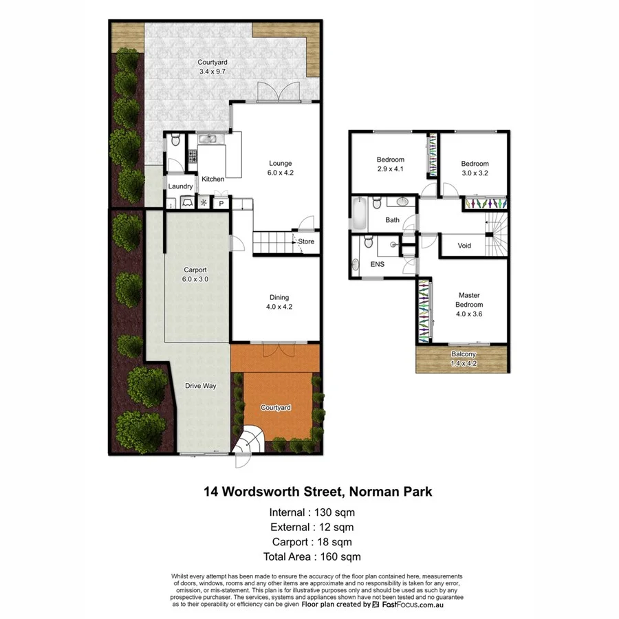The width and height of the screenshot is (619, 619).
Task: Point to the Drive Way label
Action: [201, 386]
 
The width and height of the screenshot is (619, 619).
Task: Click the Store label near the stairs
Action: [306, 241]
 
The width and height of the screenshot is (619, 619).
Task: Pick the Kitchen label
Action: [213, 180]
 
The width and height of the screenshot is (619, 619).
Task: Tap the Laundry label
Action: [180, 186]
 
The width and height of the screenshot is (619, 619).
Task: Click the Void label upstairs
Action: [464, 246]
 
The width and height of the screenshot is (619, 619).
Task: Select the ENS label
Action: [377, 264]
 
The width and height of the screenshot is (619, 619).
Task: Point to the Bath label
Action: [392, 220]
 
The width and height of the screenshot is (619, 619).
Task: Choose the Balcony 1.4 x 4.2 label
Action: [463, 359]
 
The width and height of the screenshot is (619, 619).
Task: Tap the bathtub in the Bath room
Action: [359, 214]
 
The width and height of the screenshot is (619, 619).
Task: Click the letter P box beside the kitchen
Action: [221, 204]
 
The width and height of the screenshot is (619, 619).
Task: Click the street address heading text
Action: [317, 492]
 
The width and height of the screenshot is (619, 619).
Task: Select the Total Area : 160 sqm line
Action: [312, 557]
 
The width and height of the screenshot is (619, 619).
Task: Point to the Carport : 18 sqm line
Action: [312, 542]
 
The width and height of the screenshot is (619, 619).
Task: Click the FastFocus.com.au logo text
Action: [411, 605]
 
